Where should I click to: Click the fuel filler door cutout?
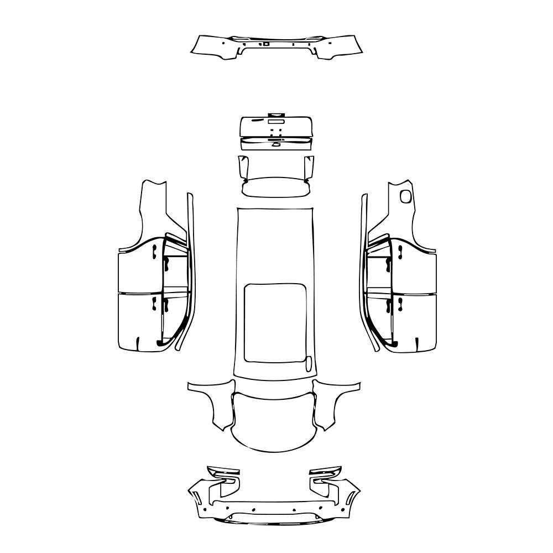(x=406, y=196)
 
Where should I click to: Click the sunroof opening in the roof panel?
(x=275, y=323)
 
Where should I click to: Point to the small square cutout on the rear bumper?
(x=267, y=43)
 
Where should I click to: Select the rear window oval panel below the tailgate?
(x=275, y=186)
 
